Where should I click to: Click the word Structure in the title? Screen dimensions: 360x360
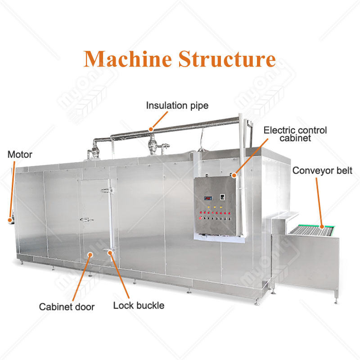pyautogui.click(x=227, y=59)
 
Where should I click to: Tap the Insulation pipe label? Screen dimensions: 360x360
pyautogui.click(x=177, y=106)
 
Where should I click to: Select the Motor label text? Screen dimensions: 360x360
pyautogui.click(x=20, y=155)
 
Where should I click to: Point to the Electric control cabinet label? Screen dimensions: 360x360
pyautogui.click(x=295, y=134)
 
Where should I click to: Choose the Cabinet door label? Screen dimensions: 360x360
pyautogui.click(x=67, y=307)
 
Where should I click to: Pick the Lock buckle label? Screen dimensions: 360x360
pyautogui.click(x=139, y=306)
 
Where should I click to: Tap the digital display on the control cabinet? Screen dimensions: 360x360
pyautogui.click(x=208, y=198)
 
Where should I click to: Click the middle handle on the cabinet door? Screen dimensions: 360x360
pyautogui.click(x=86, y=220)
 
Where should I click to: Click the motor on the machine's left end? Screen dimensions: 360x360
pyautogui.click(x=9, y=220)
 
